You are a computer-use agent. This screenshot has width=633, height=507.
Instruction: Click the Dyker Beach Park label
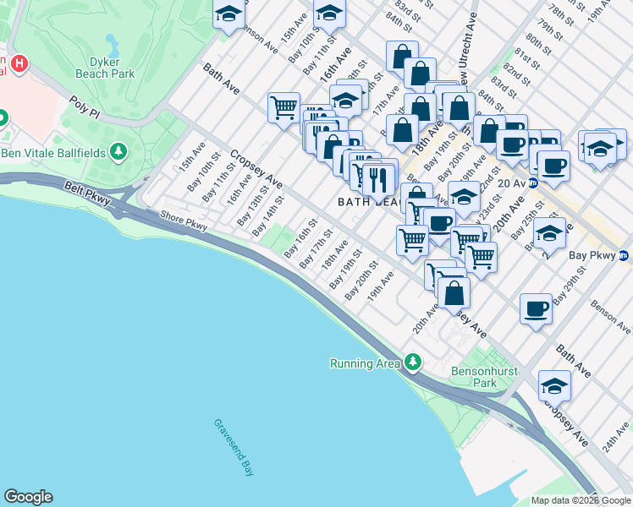[112, 68]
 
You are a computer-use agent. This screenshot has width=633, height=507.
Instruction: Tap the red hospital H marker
[19, 63]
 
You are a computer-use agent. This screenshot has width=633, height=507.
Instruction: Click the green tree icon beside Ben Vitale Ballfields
[119, 152]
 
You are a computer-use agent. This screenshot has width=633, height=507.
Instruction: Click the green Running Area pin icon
[412, 362]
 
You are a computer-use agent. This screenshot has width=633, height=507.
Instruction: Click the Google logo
[28, 497]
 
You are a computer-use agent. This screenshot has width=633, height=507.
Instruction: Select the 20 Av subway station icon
[533, 183]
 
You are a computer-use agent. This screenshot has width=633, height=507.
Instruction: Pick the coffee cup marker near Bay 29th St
[537, 308]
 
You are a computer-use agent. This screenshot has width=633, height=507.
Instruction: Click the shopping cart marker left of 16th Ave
[283, 107]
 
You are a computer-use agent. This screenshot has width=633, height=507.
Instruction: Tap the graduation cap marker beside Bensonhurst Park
[554, 385]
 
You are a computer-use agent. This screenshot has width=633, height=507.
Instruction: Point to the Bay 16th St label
[301, 238]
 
